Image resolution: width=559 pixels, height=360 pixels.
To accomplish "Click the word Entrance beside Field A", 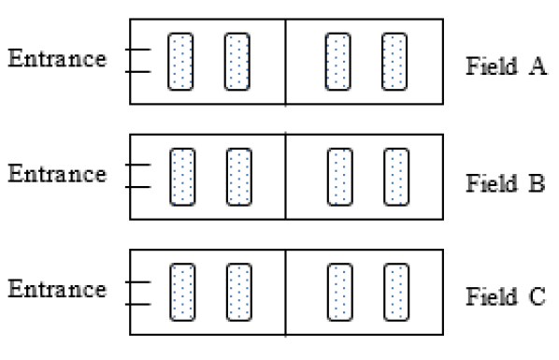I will click(x=57, y=59).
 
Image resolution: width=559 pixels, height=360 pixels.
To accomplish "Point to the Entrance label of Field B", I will click(x=57, y=175).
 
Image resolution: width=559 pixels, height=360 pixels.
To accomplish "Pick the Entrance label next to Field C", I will click(x=57, y=290).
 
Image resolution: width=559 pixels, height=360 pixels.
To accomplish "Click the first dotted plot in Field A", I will click(x=180, y=62).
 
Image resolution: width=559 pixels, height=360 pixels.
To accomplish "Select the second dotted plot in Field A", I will click(x=237, y=62).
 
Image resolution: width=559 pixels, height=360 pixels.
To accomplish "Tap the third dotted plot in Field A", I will click(x=337, y=62).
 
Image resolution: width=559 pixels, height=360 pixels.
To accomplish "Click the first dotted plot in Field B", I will click(x=181, y=177).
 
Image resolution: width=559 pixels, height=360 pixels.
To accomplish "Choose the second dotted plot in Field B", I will click(x=239, y=177).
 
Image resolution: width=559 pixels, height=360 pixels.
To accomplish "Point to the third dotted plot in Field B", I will click(x=339, y=177).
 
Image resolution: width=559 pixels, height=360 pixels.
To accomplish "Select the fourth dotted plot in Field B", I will click(x=397, y=177).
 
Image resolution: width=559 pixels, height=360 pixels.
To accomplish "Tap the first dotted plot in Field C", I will click(x=181, y=292).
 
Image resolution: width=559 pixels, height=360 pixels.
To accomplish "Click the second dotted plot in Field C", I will click(x=239, y=292).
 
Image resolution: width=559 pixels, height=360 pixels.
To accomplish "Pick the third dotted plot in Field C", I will click(x=339, y=292).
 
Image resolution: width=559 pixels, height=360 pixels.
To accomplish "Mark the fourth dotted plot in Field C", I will click(x=397, y=292).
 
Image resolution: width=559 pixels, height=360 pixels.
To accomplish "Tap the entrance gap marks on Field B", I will click(x=137, y=176).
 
